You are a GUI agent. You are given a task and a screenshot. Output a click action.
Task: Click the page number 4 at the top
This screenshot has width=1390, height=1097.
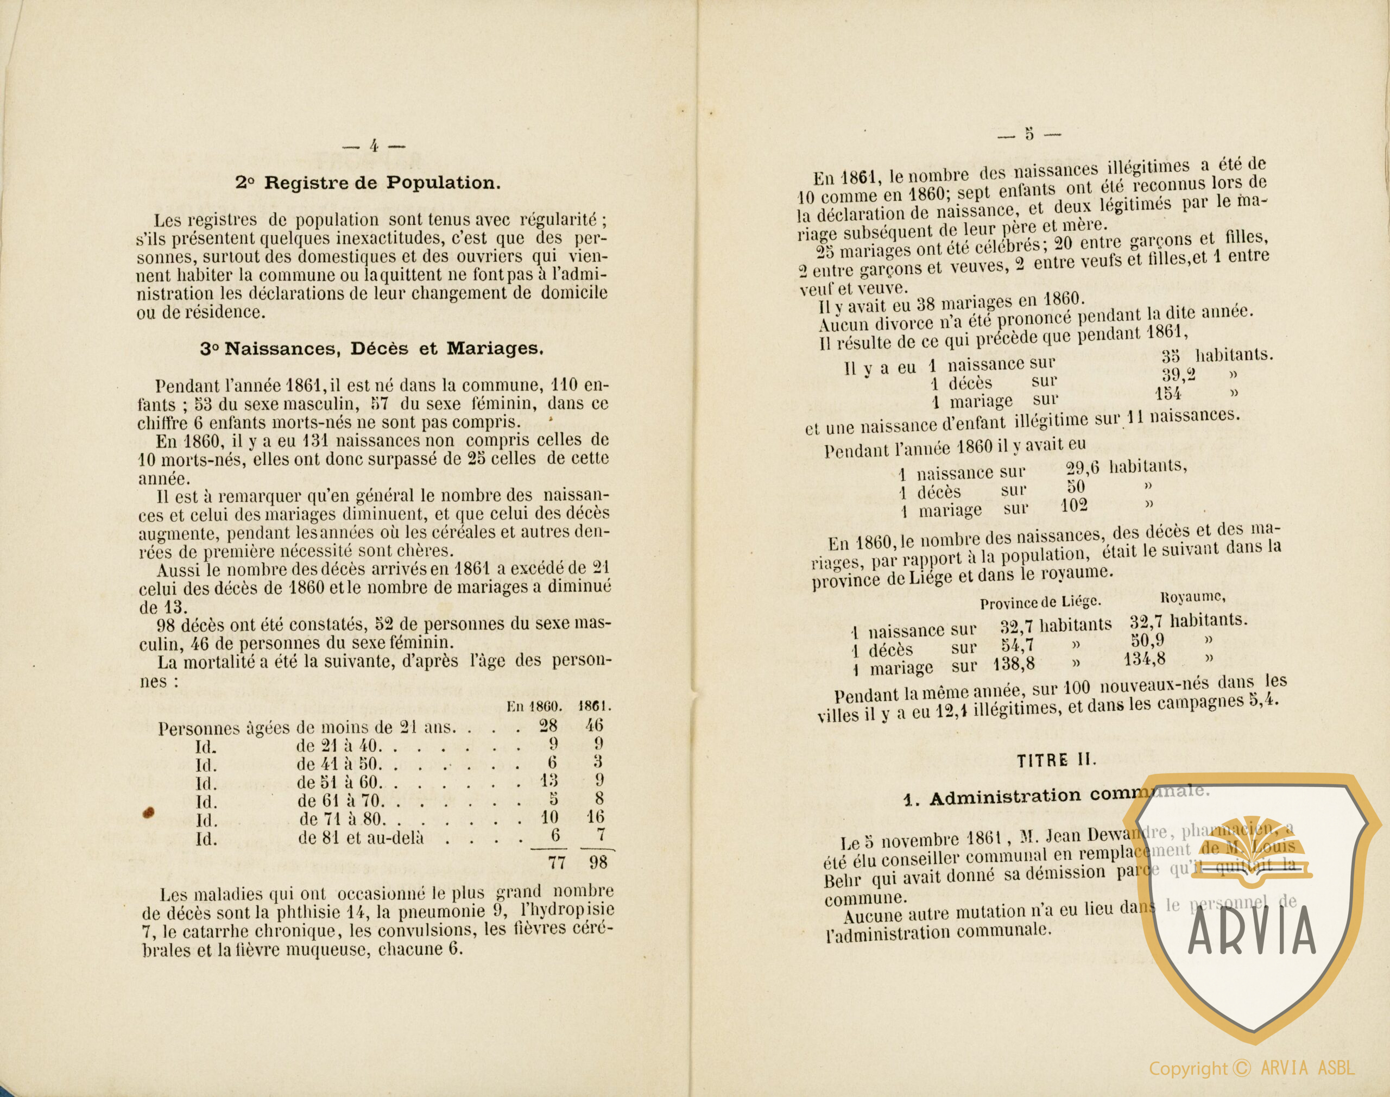tap(373, 145)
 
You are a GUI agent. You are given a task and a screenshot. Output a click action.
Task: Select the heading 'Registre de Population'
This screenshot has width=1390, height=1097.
tap(368, 182)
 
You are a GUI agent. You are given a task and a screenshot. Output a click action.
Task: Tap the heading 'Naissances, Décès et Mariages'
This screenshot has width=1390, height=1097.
tap(372, 349)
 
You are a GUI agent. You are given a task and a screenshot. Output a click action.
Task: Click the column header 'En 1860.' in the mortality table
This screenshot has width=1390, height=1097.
tap(534, 707)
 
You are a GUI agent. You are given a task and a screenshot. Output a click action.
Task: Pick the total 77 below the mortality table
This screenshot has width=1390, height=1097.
tap(556, 862)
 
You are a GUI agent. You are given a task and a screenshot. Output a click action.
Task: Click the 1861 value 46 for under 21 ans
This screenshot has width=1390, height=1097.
tap(595, 727)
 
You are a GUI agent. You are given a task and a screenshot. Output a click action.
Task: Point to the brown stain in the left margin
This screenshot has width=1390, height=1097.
tap(148, 812)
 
